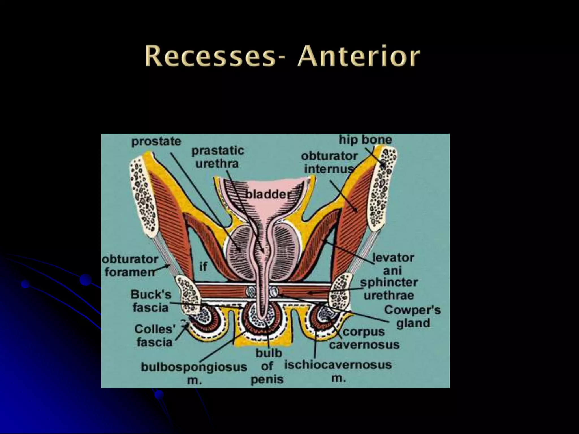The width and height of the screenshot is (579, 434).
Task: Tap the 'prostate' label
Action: (x=156, y=141)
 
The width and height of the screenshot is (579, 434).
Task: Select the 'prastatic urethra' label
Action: (x=217, y=157)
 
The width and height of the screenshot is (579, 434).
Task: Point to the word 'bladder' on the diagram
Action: (x=266, y=194)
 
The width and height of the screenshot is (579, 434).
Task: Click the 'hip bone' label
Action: (x=365, y=139)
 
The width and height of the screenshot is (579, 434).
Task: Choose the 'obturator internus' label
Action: (x=329, y=162)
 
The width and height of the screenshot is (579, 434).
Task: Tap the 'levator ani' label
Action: (x=393, y=264)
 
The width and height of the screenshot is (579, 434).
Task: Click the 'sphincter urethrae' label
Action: (x=389, y=289)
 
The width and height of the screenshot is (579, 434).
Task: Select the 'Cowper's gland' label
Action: (x=412, y=316)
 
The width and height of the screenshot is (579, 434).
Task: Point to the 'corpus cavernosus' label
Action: (x=364, y=338)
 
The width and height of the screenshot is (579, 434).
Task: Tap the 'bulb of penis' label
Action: (x=267, y=366)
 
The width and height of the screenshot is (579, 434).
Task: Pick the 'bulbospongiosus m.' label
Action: (x=194, y=373)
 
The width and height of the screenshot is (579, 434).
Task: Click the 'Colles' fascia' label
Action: (x=155, y=335)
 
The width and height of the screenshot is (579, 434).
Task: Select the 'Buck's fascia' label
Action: (x=151, y=301)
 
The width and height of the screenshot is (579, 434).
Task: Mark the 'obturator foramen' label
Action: (x=130, y=266)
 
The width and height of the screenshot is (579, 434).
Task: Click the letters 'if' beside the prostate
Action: (x=203, y=266)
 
